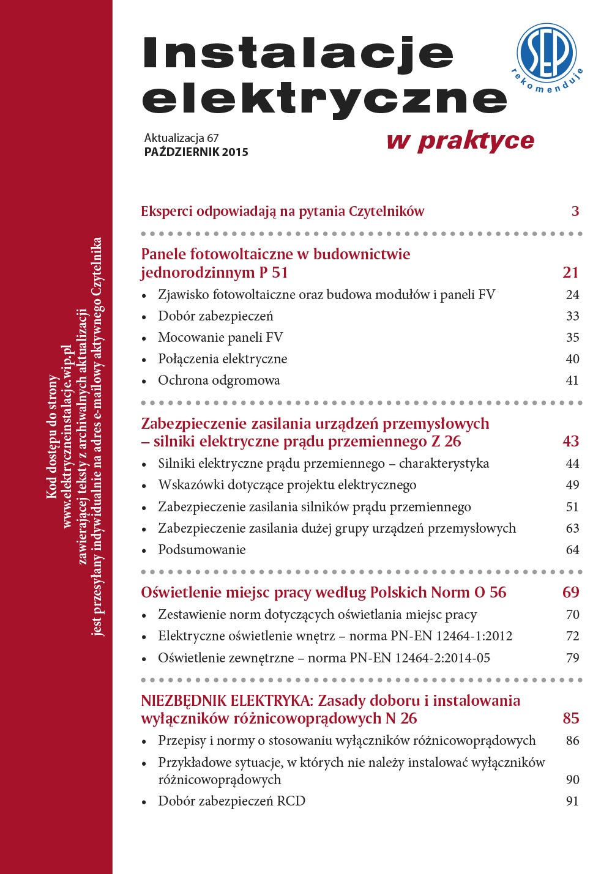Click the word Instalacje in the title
coord(298,54)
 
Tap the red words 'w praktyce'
coord(460,141)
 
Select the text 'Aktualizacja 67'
coord(181,138)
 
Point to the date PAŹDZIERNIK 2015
coord(196,152)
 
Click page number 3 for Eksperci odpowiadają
coord(575,212)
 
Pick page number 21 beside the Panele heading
coord(570,272)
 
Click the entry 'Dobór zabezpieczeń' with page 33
coord(215,316)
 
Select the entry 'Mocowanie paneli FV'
coord(220,338)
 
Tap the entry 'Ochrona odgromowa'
coord(218,380)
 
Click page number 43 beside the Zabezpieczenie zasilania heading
coord(570,442)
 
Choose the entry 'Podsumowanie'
coord(201,550)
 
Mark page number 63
coord(572,528)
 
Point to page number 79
coord(572,658)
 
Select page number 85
coord(570,719)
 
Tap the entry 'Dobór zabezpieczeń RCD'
coord(231,801)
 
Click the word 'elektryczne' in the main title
coord(324,98)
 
